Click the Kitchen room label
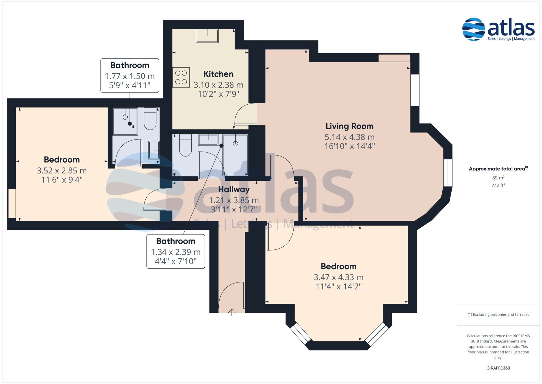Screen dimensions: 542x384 click(218, 74)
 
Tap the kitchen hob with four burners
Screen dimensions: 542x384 click(181, 77)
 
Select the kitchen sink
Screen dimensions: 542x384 click(207, 36)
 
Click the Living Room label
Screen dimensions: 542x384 click(349, 126)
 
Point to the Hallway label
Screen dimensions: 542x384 click(234, 189)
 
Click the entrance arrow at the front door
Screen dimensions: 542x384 click(232, 312)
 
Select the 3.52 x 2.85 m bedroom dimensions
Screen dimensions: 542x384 click(62, 171)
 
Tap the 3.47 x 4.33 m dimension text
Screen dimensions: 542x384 click(338, 277)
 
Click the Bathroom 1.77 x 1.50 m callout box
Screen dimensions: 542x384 click(130, 75)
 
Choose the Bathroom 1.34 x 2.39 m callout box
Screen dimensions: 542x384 click(176, 251)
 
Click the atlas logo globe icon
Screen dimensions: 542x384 click(473, 29)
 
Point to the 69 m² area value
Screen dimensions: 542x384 click(498, 178)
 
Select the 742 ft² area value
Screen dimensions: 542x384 click(498, 185)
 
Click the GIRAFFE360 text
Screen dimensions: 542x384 click(498, 368)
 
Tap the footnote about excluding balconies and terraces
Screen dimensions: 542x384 click(498, 314)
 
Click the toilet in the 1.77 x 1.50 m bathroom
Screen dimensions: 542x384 click(150, 118)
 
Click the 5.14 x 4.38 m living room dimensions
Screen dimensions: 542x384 click(349, 137)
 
